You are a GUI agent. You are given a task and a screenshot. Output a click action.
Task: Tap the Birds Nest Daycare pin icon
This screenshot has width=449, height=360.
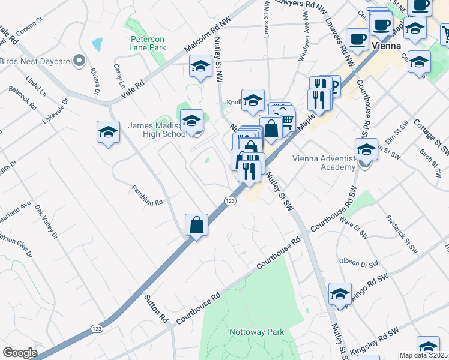[78, 60]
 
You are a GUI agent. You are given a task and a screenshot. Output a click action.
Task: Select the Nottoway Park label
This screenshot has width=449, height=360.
[256, 332]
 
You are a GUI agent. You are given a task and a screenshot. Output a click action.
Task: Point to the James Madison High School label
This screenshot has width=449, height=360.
[158, 130]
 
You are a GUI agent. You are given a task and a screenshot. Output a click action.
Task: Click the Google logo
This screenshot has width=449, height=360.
[20, 353]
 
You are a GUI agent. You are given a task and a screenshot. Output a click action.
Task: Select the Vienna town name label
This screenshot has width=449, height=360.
[386, 46]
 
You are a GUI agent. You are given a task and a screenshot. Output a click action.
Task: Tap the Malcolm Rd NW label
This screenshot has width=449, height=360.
[208, 37]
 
